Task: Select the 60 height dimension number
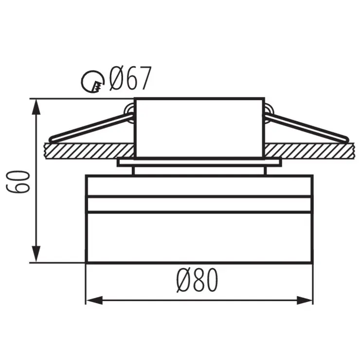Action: pos(19,181)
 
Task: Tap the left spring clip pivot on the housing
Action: pos(129,111)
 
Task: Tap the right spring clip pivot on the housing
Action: pos(269,111)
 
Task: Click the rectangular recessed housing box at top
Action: pos(199,127)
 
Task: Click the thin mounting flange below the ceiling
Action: pos(199,162)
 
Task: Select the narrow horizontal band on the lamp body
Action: pos(199,204)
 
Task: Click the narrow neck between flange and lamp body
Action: pos(199,170)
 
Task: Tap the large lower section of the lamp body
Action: pos(199,237)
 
